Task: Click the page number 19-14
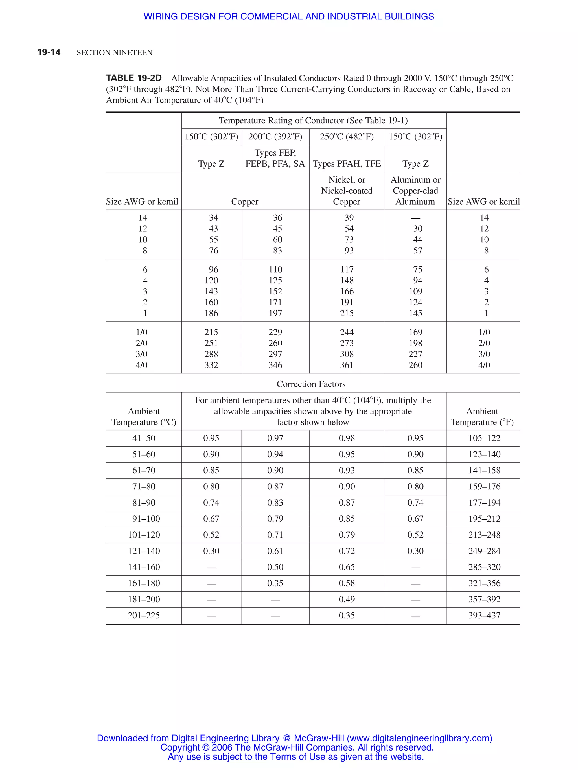pos(49,52)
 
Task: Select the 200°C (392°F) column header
pos(275,136)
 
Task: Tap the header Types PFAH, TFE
pos(347,164)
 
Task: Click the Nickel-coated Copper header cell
pos(347,191)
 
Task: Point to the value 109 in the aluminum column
pos(415,291)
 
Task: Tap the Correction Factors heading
pos(311,384)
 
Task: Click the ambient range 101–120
pos(144,535)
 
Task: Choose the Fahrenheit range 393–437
pos(484,615)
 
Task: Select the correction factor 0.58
pos(347,583)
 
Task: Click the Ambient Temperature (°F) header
pos(482,416)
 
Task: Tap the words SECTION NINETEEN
pos(115,53)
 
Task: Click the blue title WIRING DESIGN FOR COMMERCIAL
pos(288,16)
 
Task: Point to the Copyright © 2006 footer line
pos(297,747)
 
